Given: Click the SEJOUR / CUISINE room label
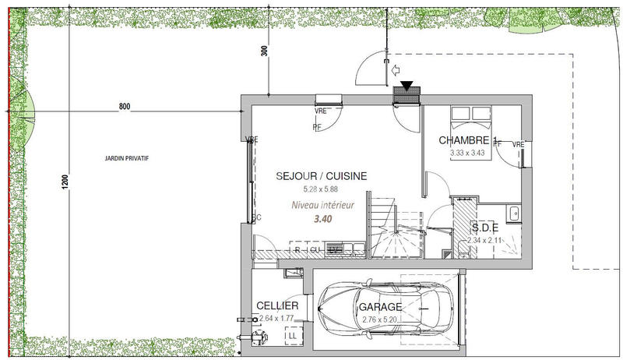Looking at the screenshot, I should [x=322, y=176].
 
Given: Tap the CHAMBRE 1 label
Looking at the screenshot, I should [x=467, y=140].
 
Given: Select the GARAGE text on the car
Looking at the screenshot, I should [x=380, y=307].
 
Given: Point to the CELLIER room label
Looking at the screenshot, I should [x=277, y=306].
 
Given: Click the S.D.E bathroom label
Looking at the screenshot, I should [x=486, y=228].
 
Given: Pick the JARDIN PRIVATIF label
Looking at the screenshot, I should [x=126, y=158].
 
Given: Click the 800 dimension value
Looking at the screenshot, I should [x=125, y=107].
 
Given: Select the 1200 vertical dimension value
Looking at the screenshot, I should [x=66, y=180].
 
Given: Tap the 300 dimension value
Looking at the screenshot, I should [x=265, y=51].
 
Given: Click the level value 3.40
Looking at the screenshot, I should [x=322, y=219].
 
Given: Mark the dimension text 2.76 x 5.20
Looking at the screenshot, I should [x=380, y=319].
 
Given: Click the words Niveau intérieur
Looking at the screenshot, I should [x=322, y=206].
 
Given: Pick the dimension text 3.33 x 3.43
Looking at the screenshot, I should [x=467, y=153].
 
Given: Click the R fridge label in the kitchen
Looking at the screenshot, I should [x=297, y=250].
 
